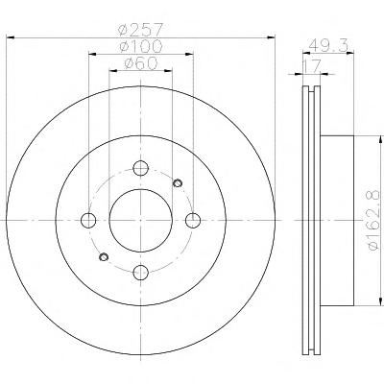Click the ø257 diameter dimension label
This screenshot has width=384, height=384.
pos(140,30)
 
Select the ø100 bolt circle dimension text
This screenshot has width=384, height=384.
pos(140,47)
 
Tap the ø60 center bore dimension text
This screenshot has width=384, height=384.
pos(141,63)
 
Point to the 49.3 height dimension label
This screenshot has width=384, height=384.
pos(328,46)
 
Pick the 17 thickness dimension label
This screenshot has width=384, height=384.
pos(312,67)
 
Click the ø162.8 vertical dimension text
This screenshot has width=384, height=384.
pos(375,220)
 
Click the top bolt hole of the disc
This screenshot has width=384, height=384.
pos(141,168)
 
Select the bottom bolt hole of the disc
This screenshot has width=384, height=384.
pos(141,273)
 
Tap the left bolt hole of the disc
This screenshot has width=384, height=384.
pos(88,221)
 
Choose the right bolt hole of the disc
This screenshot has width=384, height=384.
pos(193,221)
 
